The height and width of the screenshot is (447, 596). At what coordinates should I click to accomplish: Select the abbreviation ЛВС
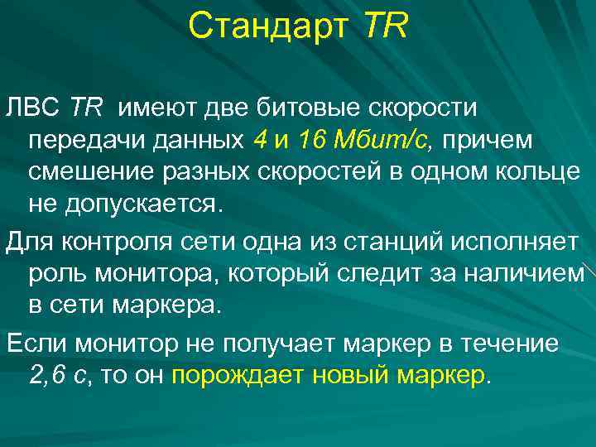[32, 107]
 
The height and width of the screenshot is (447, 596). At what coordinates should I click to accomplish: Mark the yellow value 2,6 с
[57, 375]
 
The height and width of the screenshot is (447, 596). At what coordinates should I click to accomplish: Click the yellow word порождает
[238, 375]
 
